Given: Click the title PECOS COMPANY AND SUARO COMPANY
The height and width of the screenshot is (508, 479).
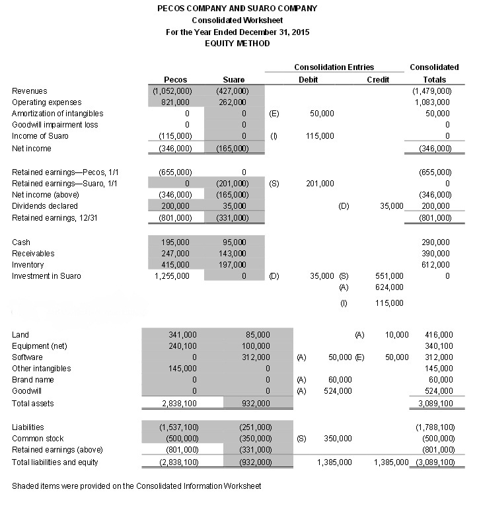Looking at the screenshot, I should (x=237, y=9).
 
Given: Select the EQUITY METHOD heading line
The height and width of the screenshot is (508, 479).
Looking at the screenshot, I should (x=237, y=43).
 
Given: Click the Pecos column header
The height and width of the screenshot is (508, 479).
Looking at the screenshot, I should (x=175, y=80).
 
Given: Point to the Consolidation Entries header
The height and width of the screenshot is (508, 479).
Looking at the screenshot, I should (x=334, y=67).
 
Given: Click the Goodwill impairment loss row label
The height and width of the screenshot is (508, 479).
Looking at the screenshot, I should (x=55, y=125).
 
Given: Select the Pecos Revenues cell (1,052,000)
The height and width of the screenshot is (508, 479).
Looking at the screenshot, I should (x=172, y=91).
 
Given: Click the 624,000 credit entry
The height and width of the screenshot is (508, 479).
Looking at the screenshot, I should (x=389, y=287).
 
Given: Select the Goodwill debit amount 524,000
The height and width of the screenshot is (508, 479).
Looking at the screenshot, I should (x=340, y=391).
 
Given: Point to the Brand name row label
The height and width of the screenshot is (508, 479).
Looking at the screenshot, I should (x=33, y=380).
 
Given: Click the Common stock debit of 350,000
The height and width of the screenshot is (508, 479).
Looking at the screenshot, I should (x=338, y=439).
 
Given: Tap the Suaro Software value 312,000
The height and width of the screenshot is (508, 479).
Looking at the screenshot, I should (x=256, y=357).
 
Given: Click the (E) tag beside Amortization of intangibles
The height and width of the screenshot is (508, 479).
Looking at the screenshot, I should (x=275, y=114).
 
